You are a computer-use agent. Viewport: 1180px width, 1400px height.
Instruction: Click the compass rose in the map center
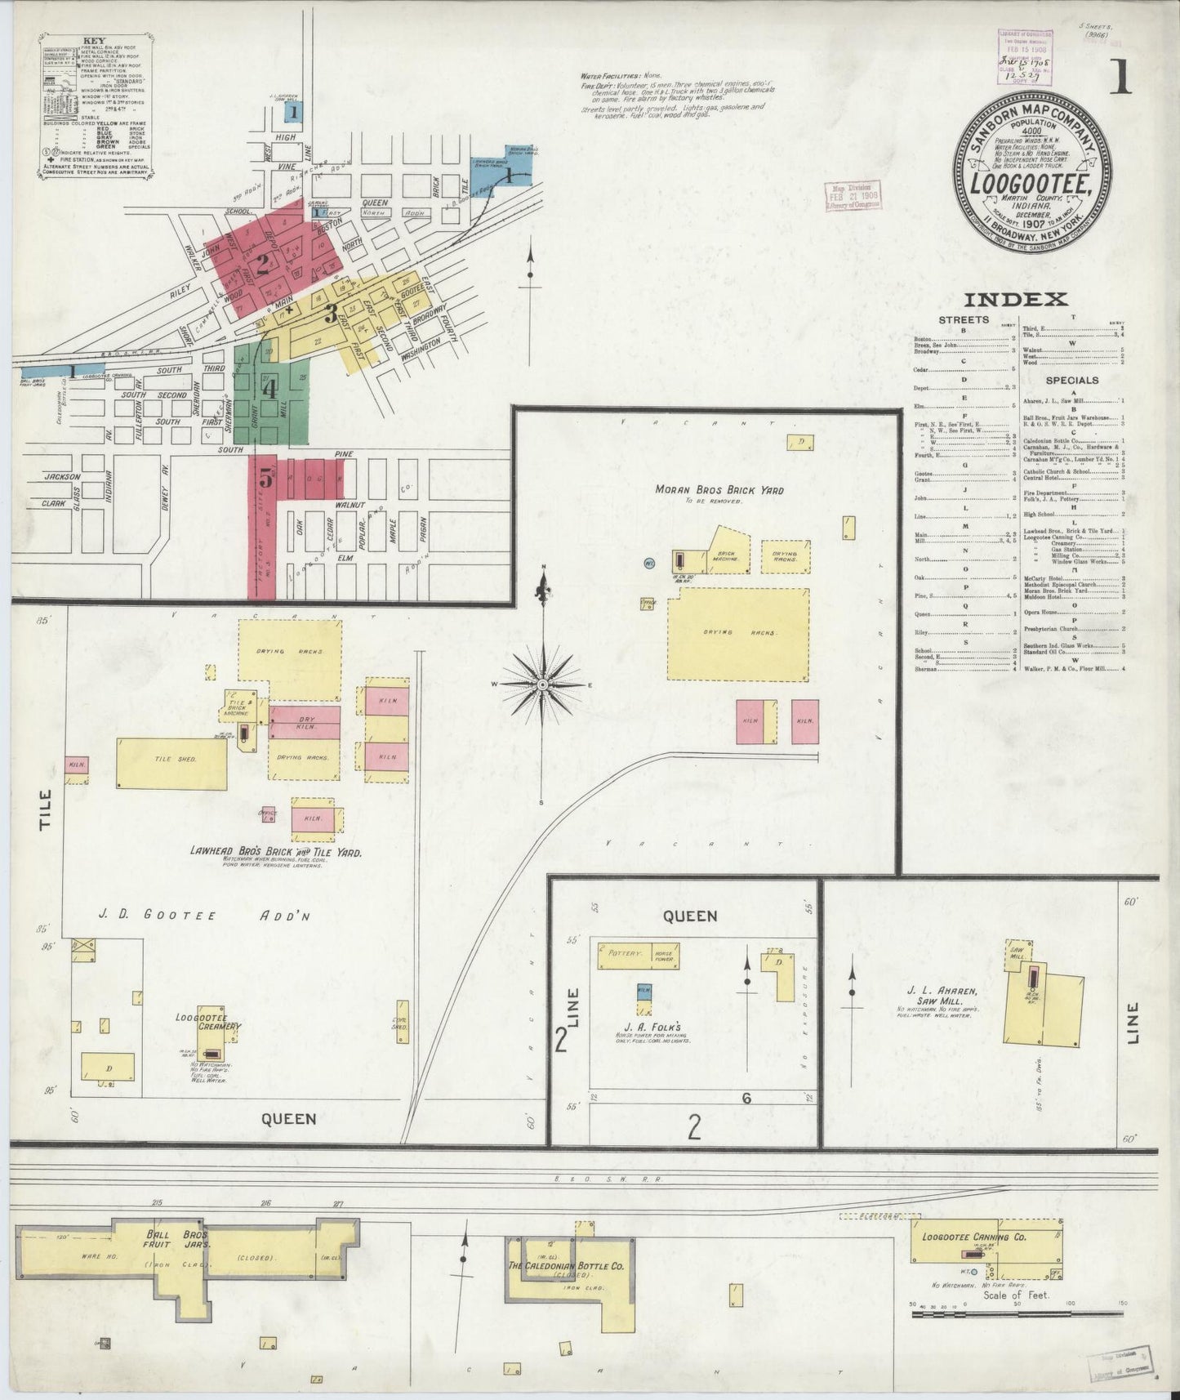542,684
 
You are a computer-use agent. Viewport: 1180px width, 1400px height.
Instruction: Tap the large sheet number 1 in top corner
1119,78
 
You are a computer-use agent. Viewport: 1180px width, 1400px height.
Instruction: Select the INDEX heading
1014,300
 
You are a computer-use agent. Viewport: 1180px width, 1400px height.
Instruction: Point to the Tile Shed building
171,763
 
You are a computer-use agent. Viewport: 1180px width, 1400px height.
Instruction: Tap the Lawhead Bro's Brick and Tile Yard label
276,852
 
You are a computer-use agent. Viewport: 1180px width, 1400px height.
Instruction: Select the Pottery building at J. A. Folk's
626,954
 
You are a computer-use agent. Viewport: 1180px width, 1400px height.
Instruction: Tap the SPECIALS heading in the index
1073,380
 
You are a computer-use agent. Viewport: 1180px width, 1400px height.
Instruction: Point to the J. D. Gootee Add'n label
193,916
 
